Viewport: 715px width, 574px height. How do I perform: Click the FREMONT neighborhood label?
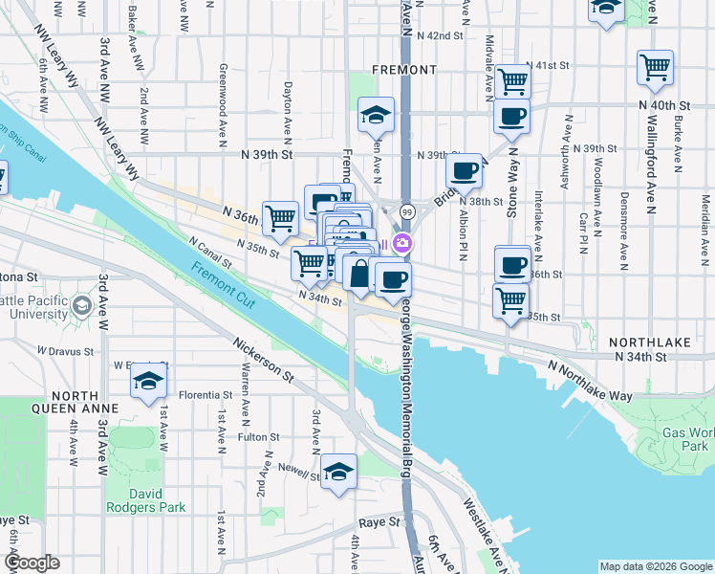406,70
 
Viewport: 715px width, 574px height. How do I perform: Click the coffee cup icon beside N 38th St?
465,171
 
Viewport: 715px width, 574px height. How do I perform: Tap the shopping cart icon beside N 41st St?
513,80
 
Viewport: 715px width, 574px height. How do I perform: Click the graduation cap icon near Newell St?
338,470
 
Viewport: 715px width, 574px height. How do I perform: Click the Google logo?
32,563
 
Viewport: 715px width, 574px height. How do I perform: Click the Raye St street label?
378,523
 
